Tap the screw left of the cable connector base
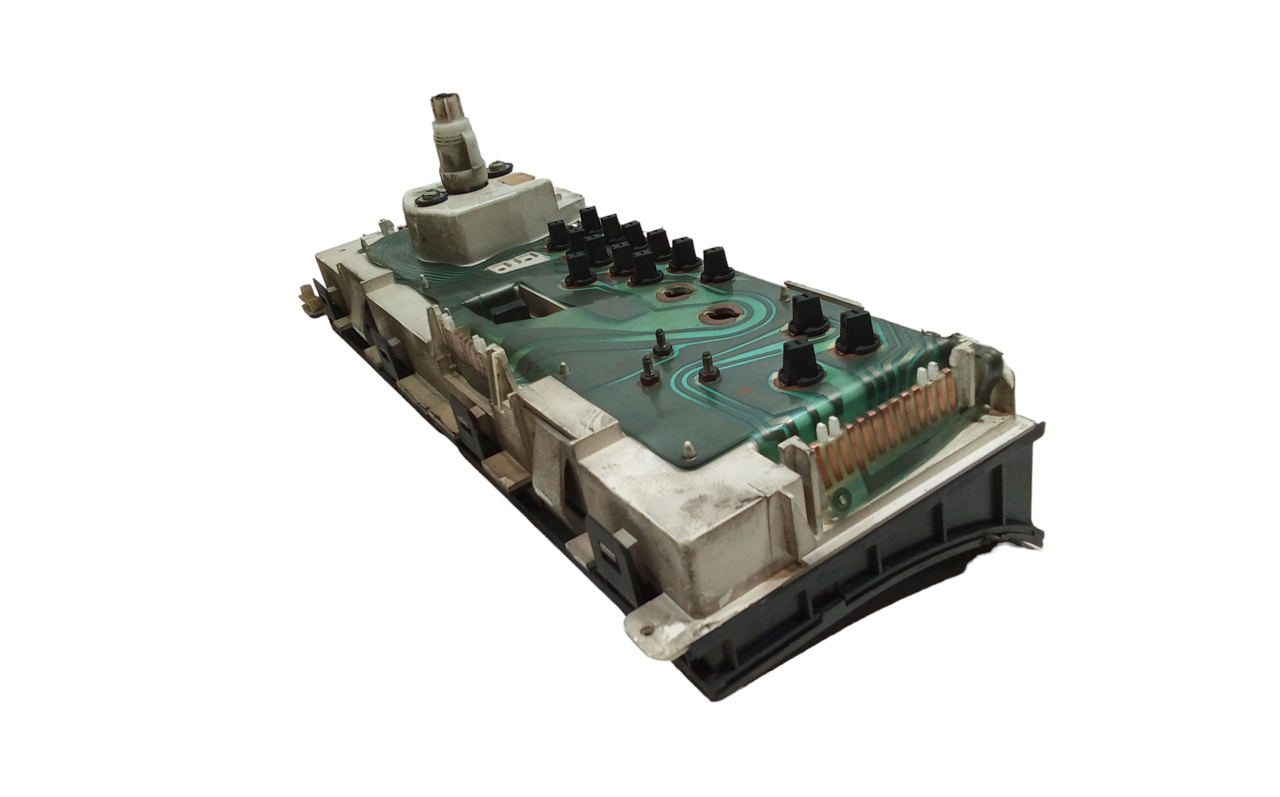coord(424,199)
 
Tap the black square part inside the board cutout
coord(506,312)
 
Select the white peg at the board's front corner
coord(685,450)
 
